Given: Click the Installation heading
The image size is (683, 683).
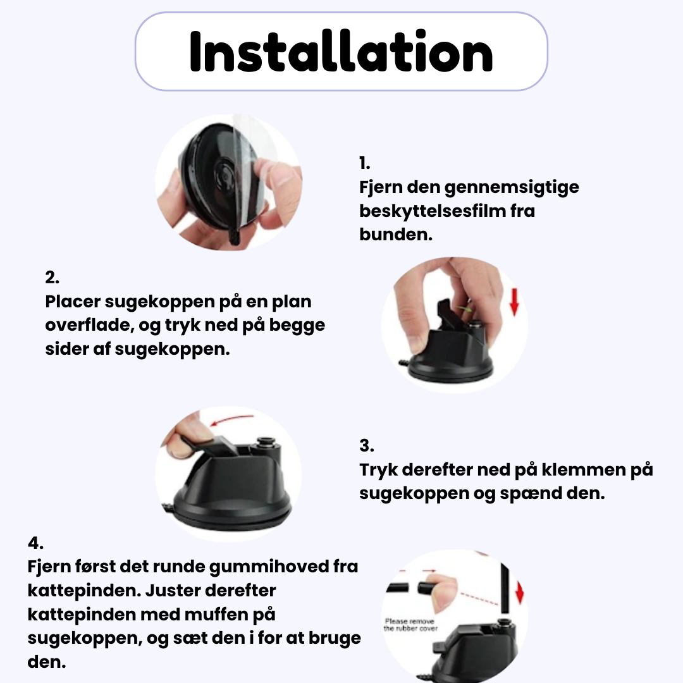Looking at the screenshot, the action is (x=341, y=51).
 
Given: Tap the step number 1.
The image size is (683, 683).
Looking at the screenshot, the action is (x=365, y=163).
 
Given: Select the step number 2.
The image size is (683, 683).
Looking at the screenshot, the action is (x=52, y=278).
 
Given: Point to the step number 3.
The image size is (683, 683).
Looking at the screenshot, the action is (x=366, y=446).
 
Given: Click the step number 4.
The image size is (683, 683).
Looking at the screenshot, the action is (x=35, y=543).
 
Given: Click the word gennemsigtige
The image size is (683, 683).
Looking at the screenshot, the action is (x=512, y=188).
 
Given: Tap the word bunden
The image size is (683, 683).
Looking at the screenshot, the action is (x=395, y=235).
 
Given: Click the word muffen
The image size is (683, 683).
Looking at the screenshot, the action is (x=216, y=614).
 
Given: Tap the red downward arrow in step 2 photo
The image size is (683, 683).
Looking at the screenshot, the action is (x=514, y=302).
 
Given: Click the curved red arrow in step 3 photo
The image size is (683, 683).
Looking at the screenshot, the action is (x=231, y=420).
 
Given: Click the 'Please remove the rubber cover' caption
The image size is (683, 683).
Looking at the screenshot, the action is (x=410, y=625).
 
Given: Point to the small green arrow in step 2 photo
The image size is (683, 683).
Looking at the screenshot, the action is (x=465, y=309).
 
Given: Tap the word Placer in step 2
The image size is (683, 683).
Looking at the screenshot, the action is (x=73, y=302).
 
